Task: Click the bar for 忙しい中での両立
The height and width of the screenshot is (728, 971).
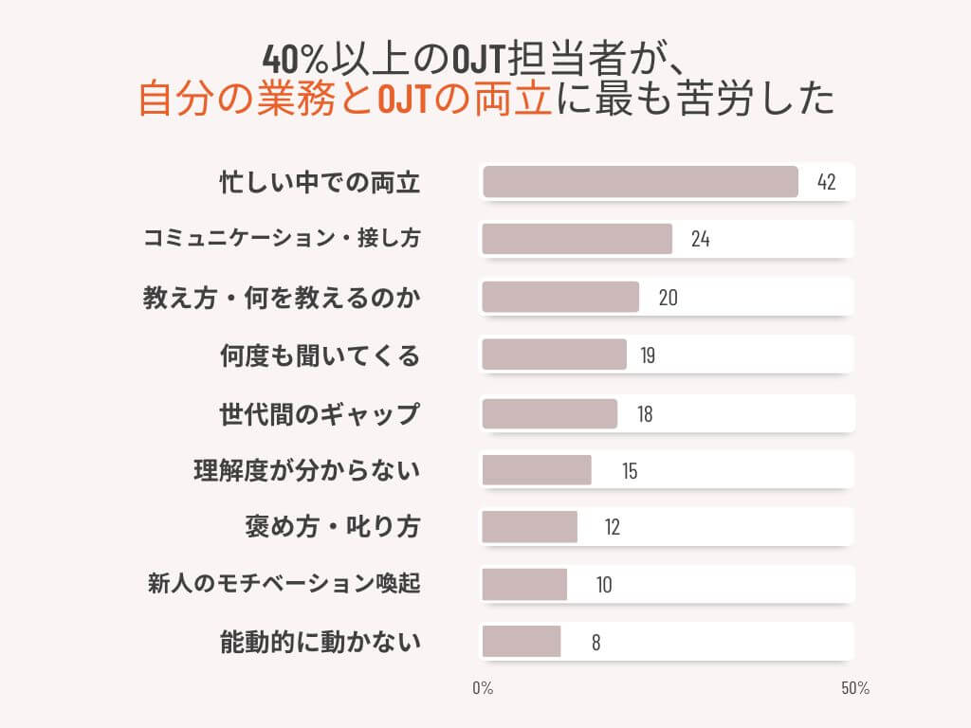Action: (x=640, y=182)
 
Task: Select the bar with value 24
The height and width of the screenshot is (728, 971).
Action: (x=577, y=239)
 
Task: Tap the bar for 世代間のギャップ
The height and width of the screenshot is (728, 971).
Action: (x=549, y=413)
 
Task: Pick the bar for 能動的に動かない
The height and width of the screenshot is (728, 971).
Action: (x=521, y=642)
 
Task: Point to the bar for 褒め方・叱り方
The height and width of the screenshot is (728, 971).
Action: (x=529, y=527)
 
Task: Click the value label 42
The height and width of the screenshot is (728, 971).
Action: (x=826, y=182)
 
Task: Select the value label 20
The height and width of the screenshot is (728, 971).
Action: (x=668, y=297)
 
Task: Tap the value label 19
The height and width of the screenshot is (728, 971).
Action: (x=648, y=355)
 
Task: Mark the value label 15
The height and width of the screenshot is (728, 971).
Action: (x=630, y=470)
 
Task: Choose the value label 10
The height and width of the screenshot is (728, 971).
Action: (x=604, y=585)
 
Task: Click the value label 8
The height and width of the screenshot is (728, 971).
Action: (x=595, y=642)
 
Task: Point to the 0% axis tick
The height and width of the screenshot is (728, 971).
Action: (x=483, y=688)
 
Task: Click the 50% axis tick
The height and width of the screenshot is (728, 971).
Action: (x=854, y=688)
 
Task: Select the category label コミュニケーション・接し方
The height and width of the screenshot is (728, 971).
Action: (x=282, y=239)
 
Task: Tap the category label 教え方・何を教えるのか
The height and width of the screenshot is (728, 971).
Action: (x=281, y=298)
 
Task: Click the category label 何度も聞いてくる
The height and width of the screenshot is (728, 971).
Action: (x=320, y=355)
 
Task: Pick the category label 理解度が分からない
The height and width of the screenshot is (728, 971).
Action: (x=306, y=470)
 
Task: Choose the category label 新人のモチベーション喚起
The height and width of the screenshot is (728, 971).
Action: (x=284, y=584)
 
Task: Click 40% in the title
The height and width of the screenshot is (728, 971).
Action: (x=294, y=60)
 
